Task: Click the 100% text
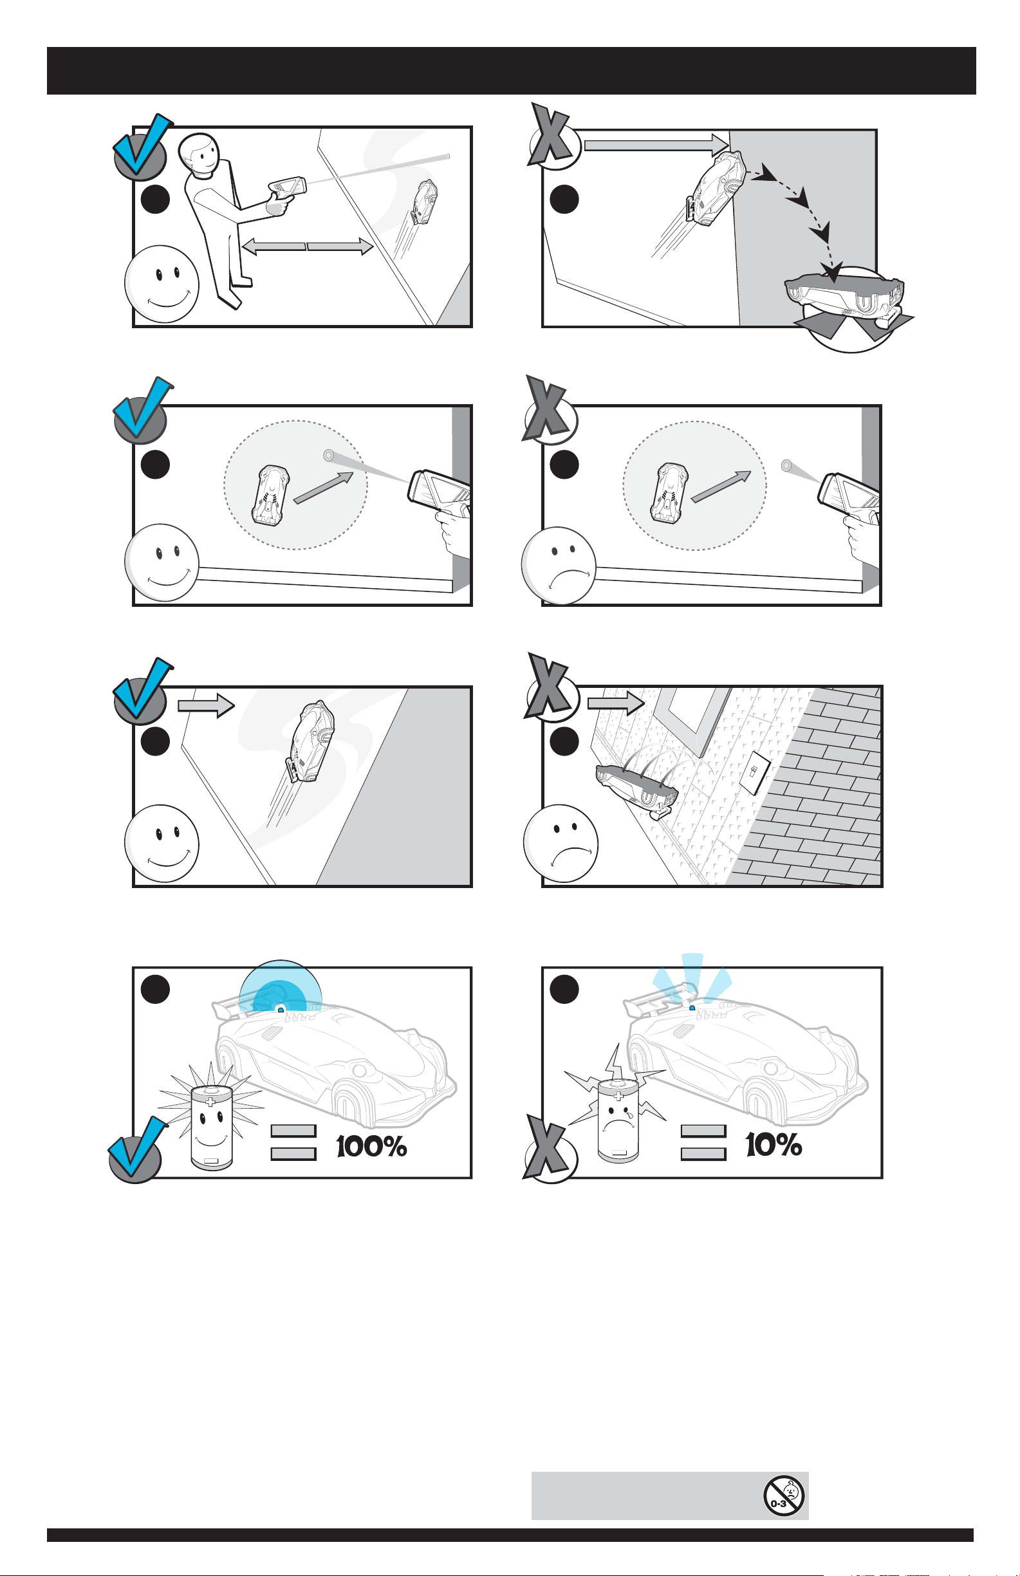[x=371, y=1145]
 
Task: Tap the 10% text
[x=774, y=1144]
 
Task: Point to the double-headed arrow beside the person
[x=308, y=246]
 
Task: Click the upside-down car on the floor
[x=843, y=297]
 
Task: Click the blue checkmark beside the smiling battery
[x=137, y=1148]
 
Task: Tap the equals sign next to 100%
[x=293, y=1142]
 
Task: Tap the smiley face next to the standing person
[x=162, y=283]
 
